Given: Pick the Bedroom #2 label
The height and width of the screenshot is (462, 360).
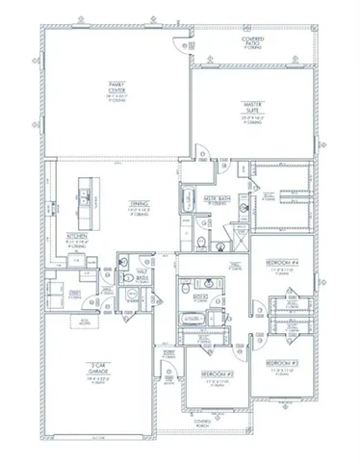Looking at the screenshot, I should click(x=214, y=377).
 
